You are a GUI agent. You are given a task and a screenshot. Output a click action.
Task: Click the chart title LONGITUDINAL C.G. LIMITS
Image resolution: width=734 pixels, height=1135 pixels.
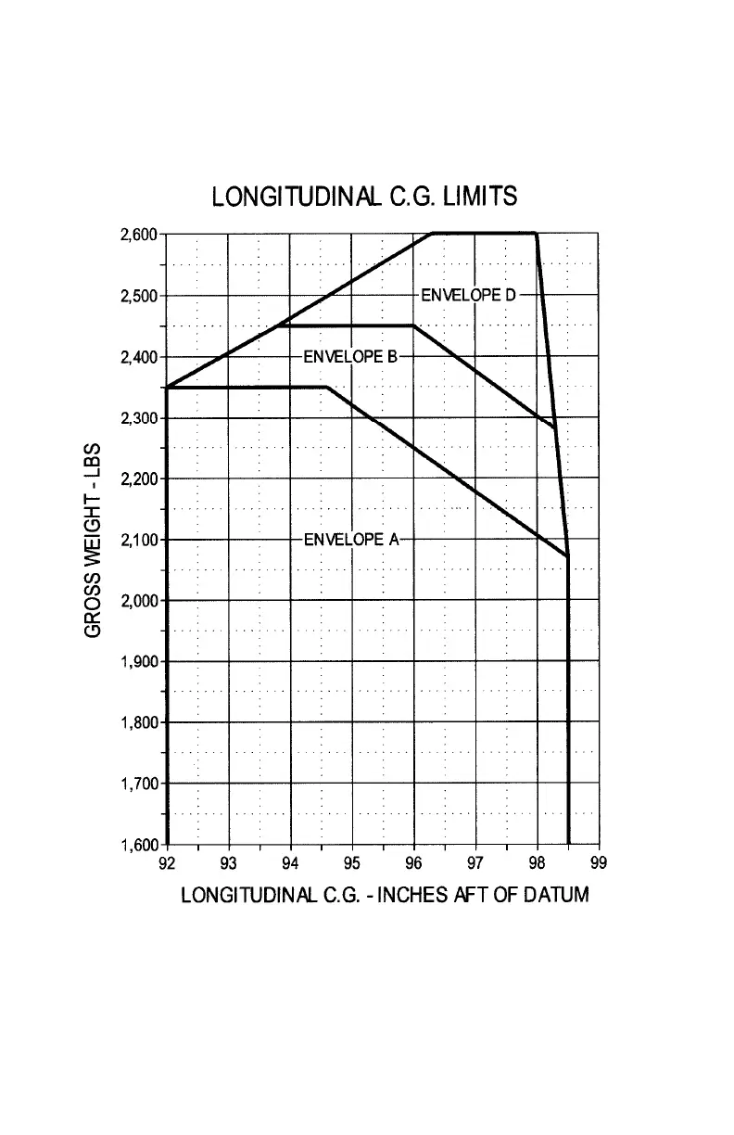pyautogui.click(x=364, y=198)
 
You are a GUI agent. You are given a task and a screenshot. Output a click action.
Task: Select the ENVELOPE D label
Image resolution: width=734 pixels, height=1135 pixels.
pyautogui.click(x=468, y=295)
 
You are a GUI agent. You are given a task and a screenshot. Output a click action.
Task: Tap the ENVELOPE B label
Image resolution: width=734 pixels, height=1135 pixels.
pyautogui.click(x=350, y=356)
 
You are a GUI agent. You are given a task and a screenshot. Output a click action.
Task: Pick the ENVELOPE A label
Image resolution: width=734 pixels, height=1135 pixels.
pyautogui.click(x=351, y=540)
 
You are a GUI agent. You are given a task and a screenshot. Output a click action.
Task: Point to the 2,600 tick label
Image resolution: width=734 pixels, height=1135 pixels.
pyautogui.click(x=140, y=234)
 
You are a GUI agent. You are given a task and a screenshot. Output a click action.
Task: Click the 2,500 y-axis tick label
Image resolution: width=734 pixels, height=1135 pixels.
pyautogui.click(x=140, y=296)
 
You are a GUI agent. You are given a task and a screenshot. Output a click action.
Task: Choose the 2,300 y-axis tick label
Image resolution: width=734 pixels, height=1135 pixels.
pyautogui.click(x=140, y=417)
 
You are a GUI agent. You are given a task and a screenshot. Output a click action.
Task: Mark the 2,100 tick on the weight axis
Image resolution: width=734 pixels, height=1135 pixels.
pyautogui.click(x=140, y=540)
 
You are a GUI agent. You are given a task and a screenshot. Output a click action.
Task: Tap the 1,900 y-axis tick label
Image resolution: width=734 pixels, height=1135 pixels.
pyautogui.click(x=140, y=661)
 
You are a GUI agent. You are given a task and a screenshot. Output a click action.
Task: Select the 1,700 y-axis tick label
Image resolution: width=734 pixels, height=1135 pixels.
pyautogui.click(x=140, y=784)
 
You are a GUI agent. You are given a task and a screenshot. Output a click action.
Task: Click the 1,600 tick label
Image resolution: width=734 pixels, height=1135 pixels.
pyautogui.click(x=140, y=844)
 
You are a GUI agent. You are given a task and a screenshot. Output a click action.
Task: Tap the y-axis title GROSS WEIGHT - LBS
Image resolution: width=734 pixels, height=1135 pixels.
pyautogui.click(x=93, y=539)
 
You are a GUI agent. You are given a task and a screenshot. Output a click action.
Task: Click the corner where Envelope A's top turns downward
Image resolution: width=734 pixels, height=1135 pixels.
pyautogui.click(x=327, y=387)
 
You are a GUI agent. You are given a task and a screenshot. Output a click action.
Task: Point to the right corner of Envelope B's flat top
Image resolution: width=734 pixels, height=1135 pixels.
pyautogui.click(x=413, y=325)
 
